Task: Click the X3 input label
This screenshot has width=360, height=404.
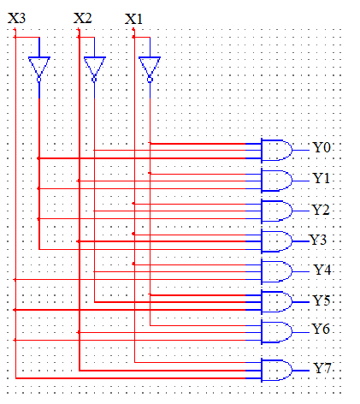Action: coord(16,18)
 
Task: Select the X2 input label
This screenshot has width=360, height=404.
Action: coord(83,18)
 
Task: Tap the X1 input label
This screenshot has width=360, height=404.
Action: coord(133,19)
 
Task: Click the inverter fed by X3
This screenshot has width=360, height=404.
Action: coord(39,69)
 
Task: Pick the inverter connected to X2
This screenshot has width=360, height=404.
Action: coord(94,69)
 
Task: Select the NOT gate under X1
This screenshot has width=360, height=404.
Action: coord(150,69)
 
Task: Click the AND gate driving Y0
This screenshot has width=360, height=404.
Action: coord(276,151)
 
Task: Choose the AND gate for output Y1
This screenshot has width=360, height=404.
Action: coord(276,181)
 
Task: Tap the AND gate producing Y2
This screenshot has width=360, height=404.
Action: coord(276,211)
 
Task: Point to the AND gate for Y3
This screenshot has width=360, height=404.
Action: coord(276,241)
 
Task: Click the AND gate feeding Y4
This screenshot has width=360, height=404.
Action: coord(276,271)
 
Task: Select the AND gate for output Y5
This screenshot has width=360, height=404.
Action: coord(276,302)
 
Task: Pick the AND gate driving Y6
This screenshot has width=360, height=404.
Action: coord(276,332)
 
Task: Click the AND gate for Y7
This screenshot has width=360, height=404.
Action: coord(276,371)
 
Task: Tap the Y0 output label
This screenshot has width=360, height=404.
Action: coord(322,147)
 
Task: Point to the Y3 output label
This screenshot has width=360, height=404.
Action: coord(318,240)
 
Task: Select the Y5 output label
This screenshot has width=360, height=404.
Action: coord(322,300)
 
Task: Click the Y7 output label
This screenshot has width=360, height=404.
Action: coord(322,368)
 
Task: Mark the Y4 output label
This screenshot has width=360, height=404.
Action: coord(322,270)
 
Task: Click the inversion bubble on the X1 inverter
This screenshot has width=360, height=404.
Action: coord(150,80)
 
